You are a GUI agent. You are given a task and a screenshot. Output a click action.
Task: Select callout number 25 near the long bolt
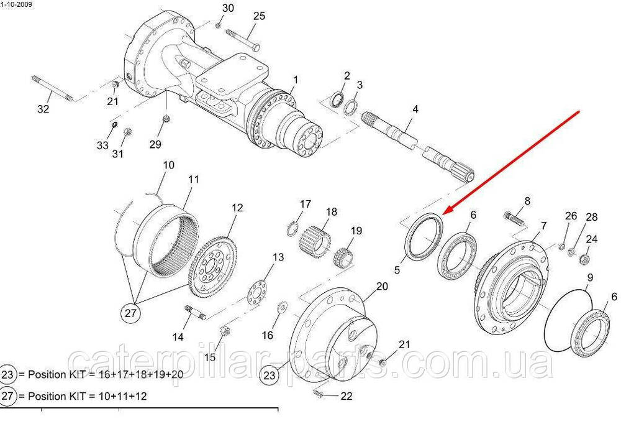259,16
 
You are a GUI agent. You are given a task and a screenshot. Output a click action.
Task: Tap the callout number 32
43,109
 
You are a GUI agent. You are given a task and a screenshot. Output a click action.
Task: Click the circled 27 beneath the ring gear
130,313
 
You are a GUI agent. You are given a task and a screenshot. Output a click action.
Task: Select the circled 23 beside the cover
269,375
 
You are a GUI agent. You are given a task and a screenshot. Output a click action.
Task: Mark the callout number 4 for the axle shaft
415,109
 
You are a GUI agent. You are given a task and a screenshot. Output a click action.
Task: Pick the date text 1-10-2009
17,5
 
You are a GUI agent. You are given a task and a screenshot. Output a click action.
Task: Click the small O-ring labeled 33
114,125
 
